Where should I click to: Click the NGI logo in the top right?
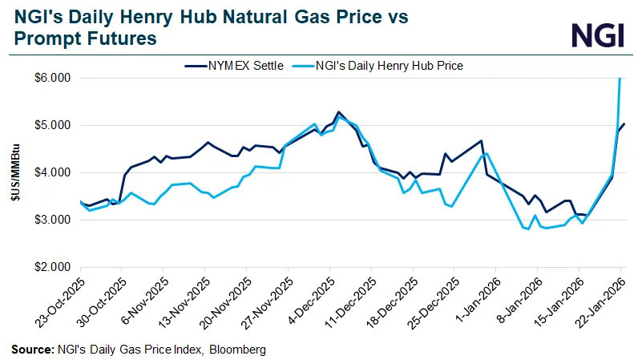point(597,34)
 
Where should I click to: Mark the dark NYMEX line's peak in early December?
point(338,112)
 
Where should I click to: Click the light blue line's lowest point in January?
point(528,229)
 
